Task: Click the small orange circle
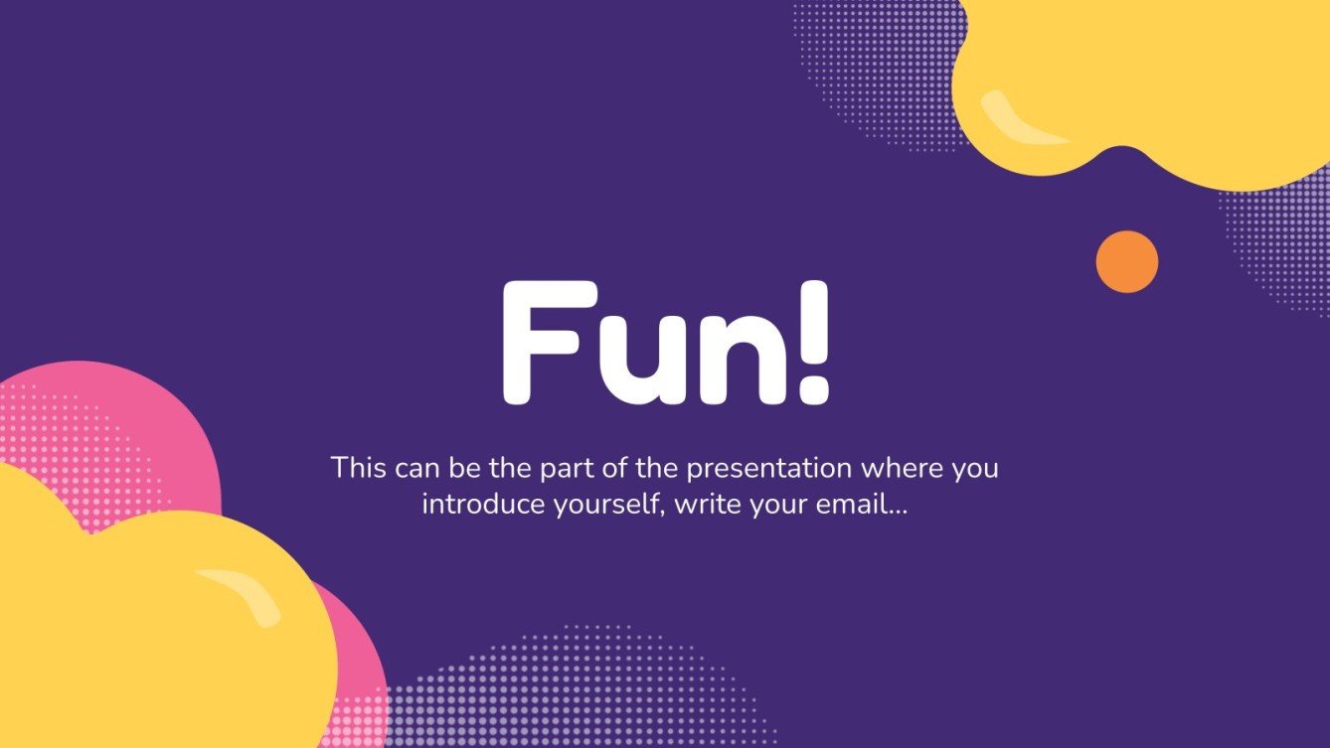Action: click(x=1127, y=262)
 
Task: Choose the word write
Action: click(x=711, y=504)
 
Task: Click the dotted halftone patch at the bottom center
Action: click(x=577, y=685)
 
